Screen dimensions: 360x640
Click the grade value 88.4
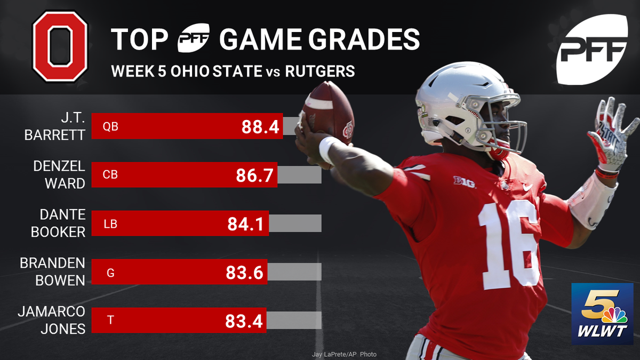260,126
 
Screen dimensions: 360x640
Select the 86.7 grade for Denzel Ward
255,175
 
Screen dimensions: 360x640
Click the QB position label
110,126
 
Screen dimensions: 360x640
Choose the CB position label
110,175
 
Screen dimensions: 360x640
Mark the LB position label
110,224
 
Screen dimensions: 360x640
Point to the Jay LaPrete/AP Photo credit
344,354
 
